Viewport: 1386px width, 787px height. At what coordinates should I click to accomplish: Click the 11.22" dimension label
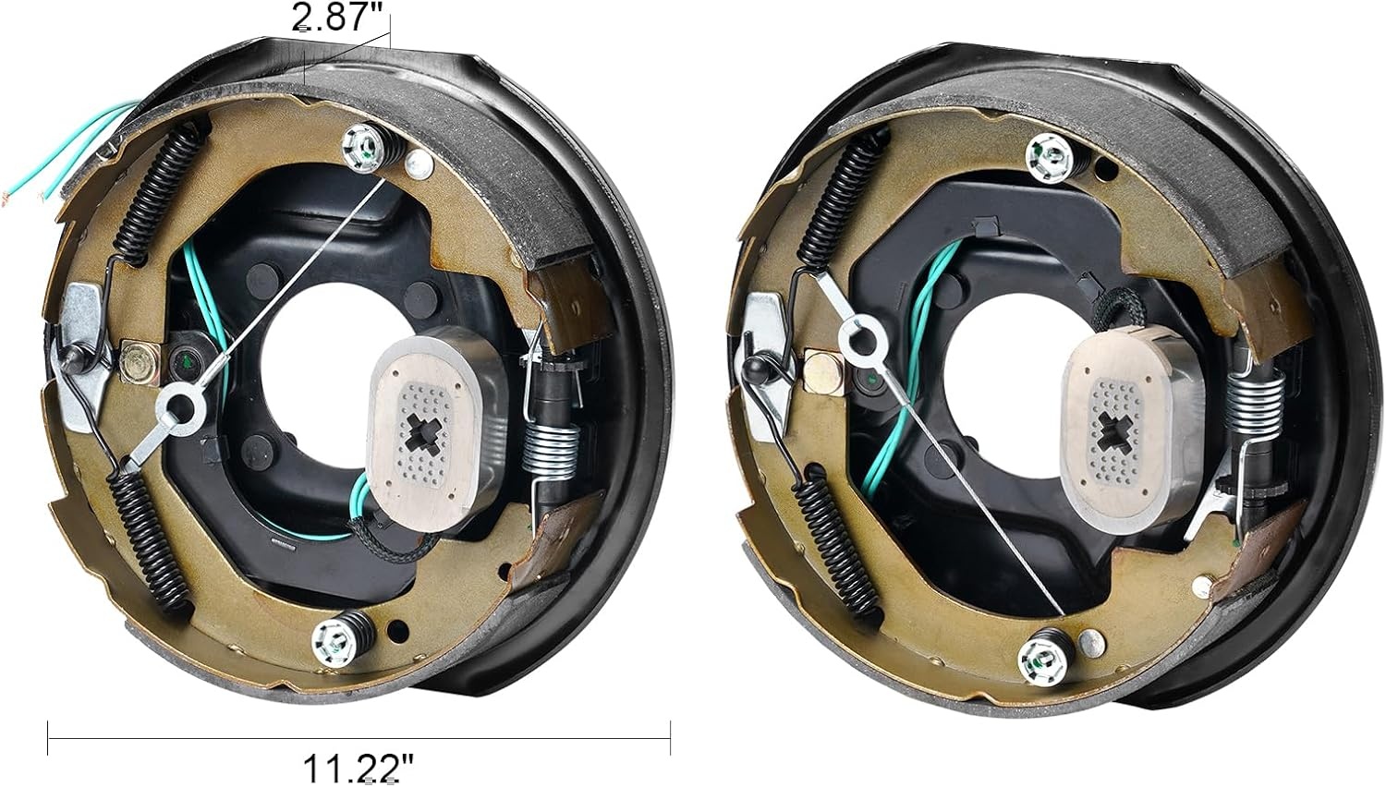pyautogui.click(x=358, y=769)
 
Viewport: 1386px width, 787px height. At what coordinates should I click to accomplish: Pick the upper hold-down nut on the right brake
pyautogui.click(x=1049, y=158)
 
